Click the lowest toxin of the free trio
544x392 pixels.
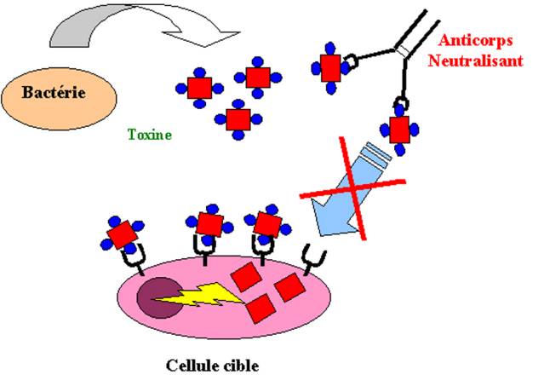(238, 118)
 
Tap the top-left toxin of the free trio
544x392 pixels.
(198, 87)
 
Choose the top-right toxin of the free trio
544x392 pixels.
(257, 77)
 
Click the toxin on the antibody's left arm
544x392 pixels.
(331, 66)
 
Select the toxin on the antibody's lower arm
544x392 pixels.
(399, 130)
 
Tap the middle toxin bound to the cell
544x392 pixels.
(209, 224)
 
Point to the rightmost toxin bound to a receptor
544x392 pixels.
(266, 223)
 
